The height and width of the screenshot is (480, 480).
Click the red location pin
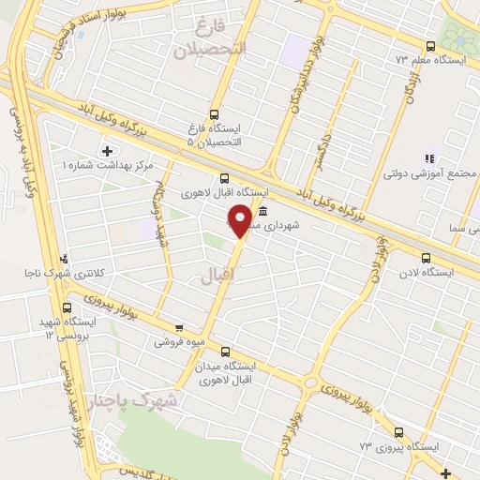[x=241, y=219]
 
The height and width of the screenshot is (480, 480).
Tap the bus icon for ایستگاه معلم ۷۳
[x=430, y=46]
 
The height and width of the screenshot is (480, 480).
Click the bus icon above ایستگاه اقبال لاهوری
[x=224, y=178]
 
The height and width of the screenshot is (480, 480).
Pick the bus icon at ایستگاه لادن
[x=426, y=258]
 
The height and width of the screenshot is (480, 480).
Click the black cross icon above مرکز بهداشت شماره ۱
[x=106, y=151]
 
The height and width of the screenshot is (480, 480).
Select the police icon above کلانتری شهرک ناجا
[x=63, y=259]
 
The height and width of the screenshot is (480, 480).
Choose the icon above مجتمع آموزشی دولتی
[x=430, y=159]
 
